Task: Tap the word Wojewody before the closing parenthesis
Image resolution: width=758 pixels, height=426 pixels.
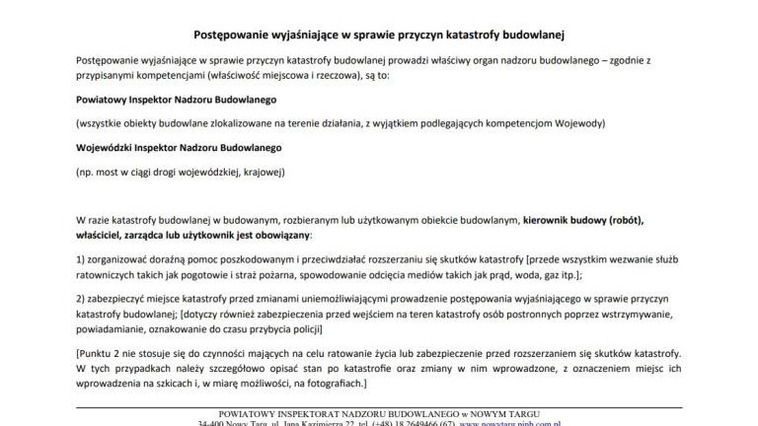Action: point(578,124)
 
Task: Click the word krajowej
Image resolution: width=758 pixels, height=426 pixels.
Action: point(260,173)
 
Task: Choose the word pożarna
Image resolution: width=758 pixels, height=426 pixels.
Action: point(306,277)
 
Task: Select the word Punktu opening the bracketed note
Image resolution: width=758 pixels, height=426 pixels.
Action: point(98,352)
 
